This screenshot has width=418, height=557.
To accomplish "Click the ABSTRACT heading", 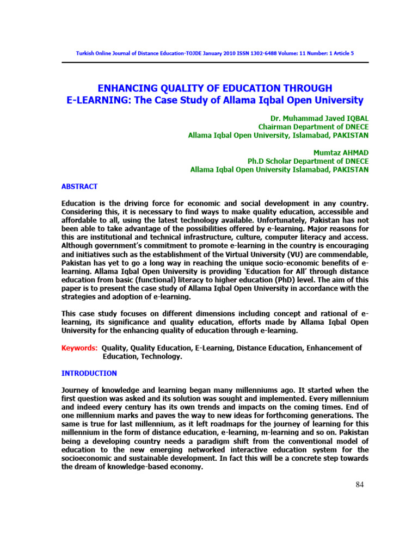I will (x=79, y=187).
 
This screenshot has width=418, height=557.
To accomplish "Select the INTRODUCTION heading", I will (x=89, y=373).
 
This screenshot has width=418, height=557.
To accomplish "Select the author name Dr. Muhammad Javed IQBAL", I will (x=319, y=118).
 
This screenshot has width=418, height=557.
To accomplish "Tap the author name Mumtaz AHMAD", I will (x=341, y=152).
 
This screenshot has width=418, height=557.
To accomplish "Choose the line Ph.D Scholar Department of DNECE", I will (x=308, y=161).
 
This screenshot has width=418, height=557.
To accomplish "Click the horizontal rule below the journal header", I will (x=215, y=63).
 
